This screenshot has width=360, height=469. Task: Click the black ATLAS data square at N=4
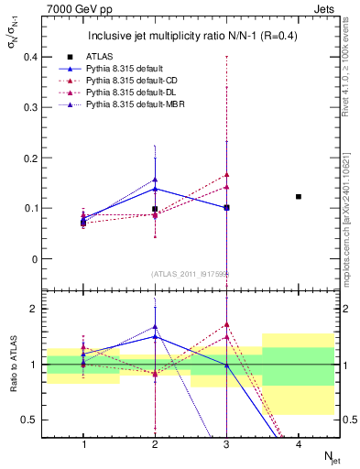click(x=299, y=197)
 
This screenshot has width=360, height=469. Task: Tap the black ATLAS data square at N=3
click(x=226, y=208)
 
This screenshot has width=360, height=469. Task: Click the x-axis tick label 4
click(x=299, y=443)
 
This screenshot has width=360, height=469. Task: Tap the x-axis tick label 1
click(x=83, y=443)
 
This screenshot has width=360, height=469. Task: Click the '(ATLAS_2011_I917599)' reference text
click(x=191, y=273)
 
